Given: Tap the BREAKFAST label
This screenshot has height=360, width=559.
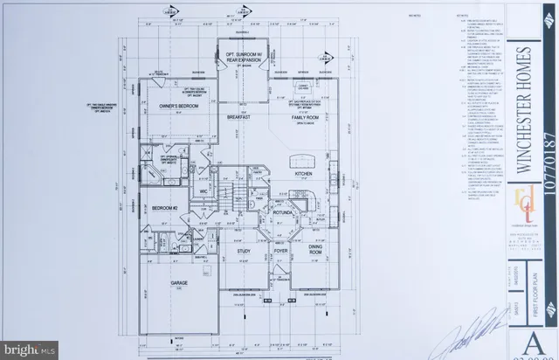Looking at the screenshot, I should coord(239,117).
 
